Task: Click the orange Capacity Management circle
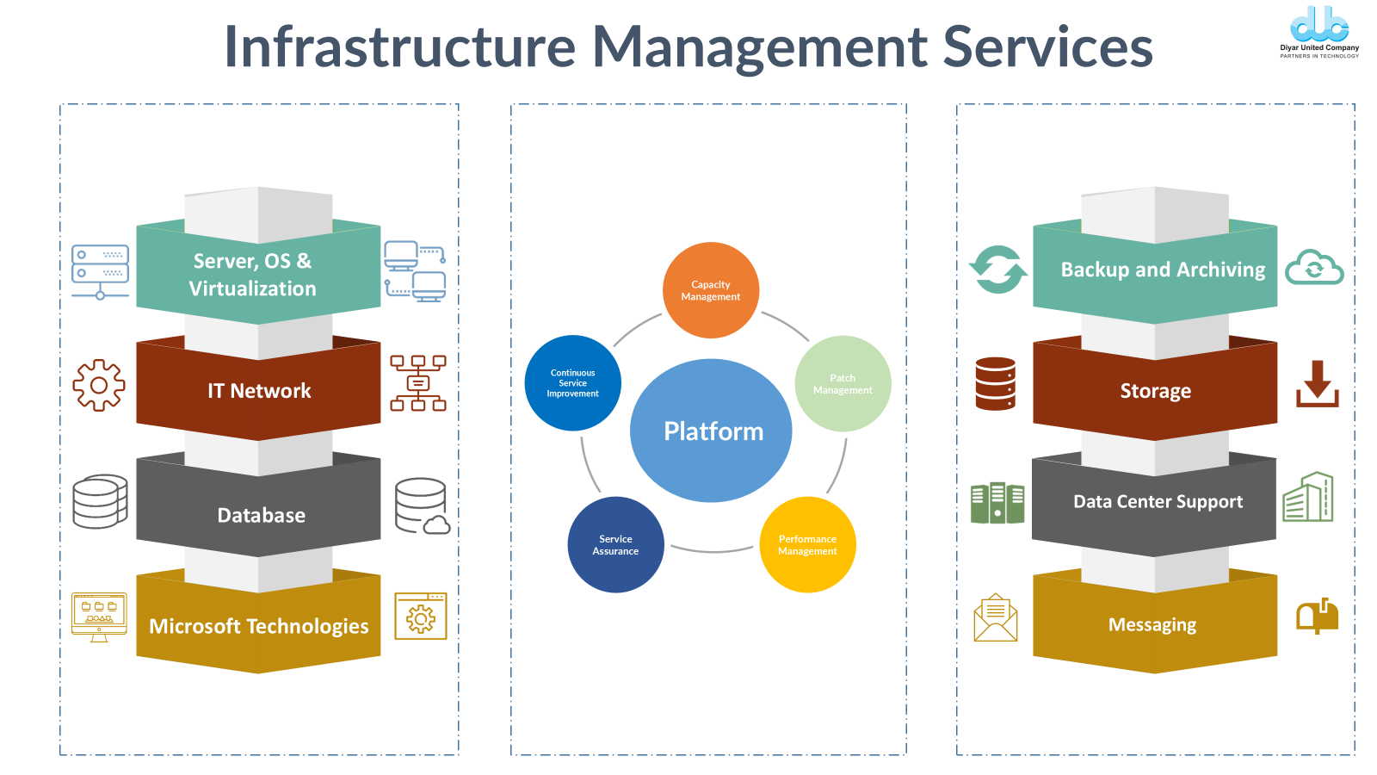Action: (x=711, y=290)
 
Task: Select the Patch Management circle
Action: (x=843, y=384)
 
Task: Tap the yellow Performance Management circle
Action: (x=807, y=545)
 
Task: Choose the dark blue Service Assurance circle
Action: (x=615, y=545)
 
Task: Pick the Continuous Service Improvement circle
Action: (x=572, y=383)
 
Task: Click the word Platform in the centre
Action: (x=713, y=431)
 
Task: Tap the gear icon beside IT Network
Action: (x=99, y=385)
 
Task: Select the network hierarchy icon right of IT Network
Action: (x=418, y=383)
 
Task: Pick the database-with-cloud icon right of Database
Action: (x=422, y=506)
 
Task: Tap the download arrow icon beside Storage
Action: (x=1318, y=384)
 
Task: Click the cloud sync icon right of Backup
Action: (x=1314, y=268)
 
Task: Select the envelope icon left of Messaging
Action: (x=996, y=617)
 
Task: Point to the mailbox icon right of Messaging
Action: (x=1317, y=616)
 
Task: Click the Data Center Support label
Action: (x=1158, y=502)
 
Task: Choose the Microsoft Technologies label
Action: (x=259, y=626)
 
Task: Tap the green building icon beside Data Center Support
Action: (x=1308, y=497)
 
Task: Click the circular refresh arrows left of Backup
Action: (x=998, y=270)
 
